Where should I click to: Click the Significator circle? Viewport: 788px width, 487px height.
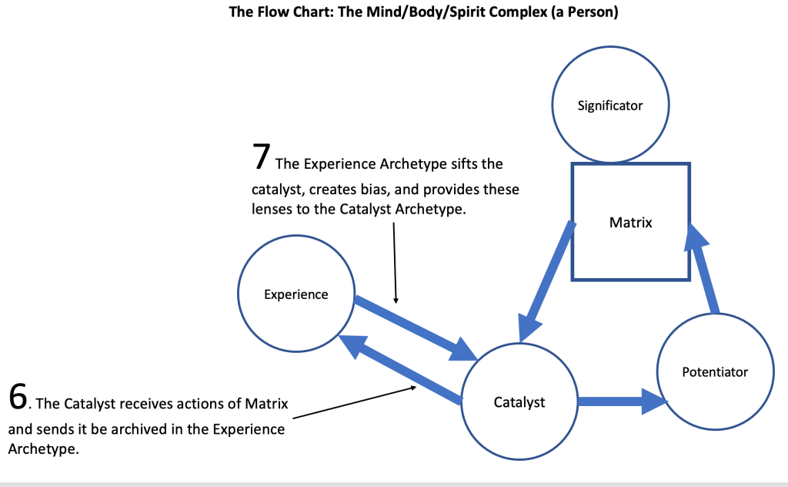(x=610, y=106)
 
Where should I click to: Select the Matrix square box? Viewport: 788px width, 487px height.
(x=630, y=222)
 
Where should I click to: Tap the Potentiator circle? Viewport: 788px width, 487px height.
(x=715, y=372)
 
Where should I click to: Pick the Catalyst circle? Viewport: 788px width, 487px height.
(x=519, y=401)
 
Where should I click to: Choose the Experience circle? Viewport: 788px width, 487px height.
(x=296, y=294)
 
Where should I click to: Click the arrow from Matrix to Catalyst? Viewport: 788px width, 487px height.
(x=548, y=282)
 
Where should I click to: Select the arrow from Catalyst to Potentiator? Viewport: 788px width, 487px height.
(x=620, y=401)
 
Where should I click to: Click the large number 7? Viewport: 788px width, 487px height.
(x=261, y=156)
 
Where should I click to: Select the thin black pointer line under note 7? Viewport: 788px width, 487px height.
(x=395, y=262)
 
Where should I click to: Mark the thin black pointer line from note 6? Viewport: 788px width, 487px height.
(x=354, y=402)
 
